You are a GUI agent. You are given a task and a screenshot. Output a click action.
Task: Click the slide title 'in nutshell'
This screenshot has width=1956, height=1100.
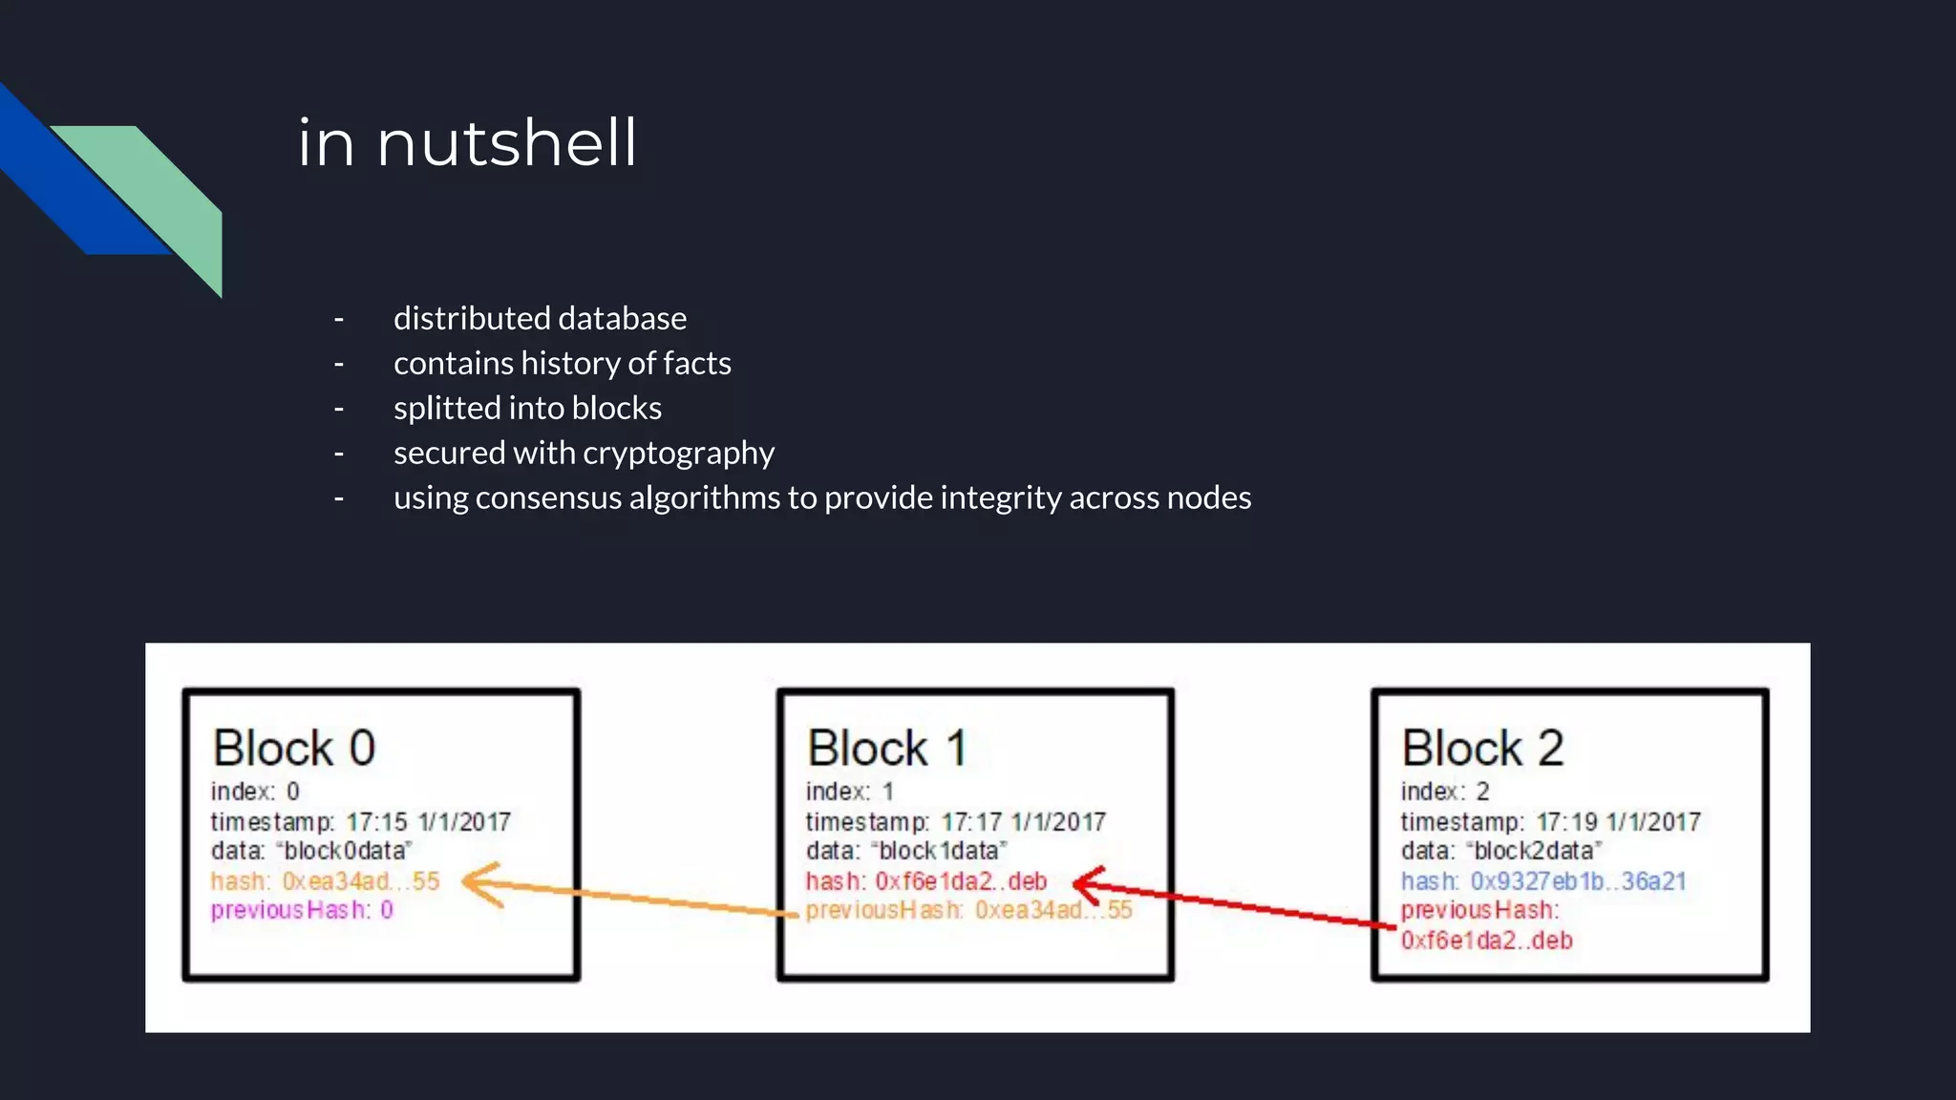[x=467, y=143]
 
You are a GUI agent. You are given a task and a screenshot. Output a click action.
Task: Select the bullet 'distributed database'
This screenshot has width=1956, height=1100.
[x=540, y=318]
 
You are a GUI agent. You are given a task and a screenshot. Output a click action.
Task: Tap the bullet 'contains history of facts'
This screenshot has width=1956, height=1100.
[x=562, y=363]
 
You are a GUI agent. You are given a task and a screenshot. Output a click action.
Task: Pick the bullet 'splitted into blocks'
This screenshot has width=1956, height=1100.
[x=527, y=408]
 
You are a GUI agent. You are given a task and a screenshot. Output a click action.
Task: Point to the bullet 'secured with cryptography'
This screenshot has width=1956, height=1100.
[x=584, y=453]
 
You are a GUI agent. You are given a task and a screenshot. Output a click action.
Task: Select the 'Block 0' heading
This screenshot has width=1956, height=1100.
[x=294, y=748]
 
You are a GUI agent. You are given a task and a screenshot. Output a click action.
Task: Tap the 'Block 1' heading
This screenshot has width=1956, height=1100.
[x=887, y=748]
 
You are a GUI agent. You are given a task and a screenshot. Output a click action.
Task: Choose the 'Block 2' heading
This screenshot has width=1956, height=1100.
[x=1482, y=748]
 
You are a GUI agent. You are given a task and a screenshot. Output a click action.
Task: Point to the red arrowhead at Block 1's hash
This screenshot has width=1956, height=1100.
[x=1089, y=883]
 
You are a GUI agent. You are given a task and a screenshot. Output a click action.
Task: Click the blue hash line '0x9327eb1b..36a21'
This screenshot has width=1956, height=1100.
[x=1543, y=880]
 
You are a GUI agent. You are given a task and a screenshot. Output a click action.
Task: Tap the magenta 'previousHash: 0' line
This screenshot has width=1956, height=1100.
[x=302, y=910]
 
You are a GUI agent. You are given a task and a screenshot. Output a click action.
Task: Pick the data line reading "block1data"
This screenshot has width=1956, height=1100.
[x=906, y=851]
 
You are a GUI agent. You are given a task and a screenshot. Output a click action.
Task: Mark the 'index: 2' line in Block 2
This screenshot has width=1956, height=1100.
[x=1445, y=792]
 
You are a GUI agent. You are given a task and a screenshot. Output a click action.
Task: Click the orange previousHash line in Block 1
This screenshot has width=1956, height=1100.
[x=968, y=910]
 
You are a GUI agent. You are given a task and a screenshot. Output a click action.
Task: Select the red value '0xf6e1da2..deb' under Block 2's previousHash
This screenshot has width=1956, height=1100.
[x=1486, y=941]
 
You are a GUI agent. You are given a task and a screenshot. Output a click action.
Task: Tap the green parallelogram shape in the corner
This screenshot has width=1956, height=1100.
[x=162, y=191]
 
